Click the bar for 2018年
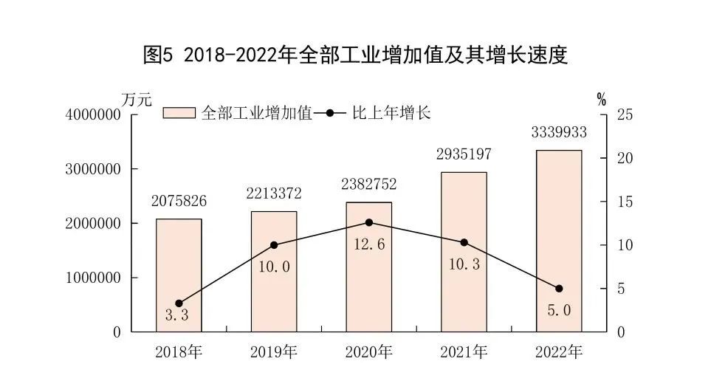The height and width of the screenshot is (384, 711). [x=179, y=275]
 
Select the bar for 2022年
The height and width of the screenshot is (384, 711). [x=559, y=241]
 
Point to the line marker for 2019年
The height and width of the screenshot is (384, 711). [x=274, y=245]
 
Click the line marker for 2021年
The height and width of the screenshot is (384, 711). [x=464, y=242]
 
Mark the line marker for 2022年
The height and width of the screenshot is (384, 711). [x=559, y=289]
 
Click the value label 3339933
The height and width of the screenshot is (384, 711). [x=559, y=133]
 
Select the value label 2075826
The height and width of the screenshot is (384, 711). [x=179, y=201]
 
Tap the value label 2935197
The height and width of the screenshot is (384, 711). [x=464, y=154]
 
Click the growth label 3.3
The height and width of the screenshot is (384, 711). [x=177, y=315]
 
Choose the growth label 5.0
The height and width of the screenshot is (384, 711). [x=559, y=311]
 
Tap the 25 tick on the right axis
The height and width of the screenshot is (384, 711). [x=626, y=114]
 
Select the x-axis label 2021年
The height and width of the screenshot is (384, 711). [x=464, y=352]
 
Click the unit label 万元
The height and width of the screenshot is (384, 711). [x=137, y=98]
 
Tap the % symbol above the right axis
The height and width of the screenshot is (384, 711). [x=602, y=99]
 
